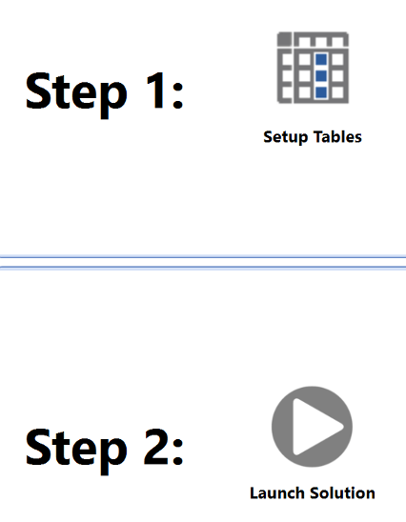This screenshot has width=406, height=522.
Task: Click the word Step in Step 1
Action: click(76, 94)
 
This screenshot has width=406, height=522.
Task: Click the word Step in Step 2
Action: click(76, 451)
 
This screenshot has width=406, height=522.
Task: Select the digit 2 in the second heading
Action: click(156, 446)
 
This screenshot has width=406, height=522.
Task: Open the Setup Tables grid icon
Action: click(313, 68)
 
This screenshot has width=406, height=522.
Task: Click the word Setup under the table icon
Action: click(285, 137)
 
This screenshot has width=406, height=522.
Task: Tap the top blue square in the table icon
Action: click(321, 60)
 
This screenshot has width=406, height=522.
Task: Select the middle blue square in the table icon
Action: click(321, 76)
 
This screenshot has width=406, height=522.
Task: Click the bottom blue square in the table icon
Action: click(321, 92)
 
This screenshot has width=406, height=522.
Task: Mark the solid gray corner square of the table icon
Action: click(284, 39)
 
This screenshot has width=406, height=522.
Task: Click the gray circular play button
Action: click(312, 427)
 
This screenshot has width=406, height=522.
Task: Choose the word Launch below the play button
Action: click(277, 492)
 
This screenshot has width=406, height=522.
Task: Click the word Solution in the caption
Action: click(343, 492)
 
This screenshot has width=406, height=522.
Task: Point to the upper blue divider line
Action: click(203, 256)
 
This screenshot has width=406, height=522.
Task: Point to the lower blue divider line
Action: click(203, 268)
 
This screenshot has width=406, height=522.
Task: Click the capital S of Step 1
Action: click(37, 90)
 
